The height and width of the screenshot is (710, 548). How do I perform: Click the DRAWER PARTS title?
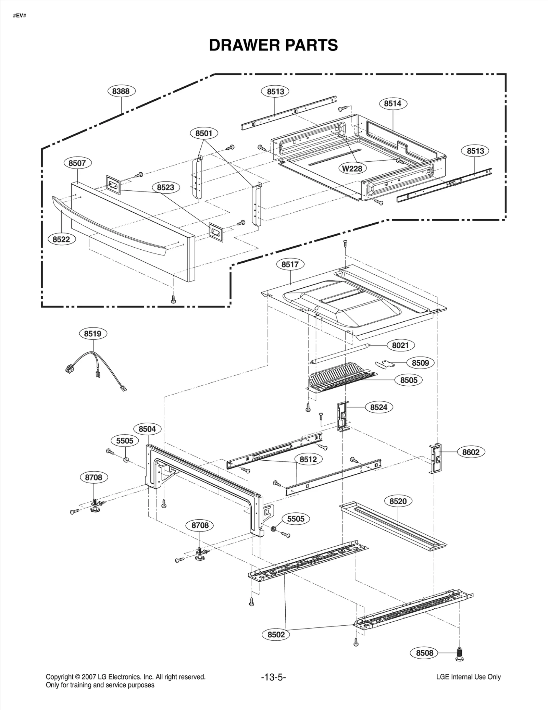pyautogui.click(x=273, y=45)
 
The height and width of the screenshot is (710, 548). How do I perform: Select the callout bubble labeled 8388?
pyautogui.click(x=121, y=91)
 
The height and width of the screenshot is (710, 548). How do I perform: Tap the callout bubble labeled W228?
pyautogui.click(x=352, y=169)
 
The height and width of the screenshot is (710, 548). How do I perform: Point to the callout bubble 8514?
pyautogui.click(x=393, y=103)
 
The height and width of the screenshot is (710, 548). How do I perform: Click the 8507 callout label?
pyautogui.click(x=77, y=163)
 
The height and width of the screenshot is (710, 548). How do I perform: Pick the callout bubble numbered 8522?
pyautogui.click(x=61, y=239)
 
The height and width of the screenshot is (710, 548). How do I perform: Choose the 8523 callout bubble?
pyautogui.click(x=165, y=187)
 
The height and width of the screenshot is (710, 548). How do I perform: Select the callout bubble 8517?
pyautogui.click(x=290, y=264)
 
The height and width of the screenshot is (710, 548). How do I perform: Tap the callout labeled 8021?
pyautogui.click(x=400, y=345)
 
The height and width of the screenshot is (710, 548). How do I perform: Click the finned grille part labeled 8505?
pyautogui.click(x=337, y=378)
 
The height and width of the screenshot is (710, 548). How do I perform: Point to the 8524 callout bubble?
pyautogui.click(x=378, y=407)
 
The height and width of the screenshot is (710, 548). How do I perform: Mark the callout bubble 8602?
pyautogui.click(x=471, y=452)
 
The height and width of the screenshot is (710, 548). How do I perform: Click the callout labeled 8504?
pyautogui.click(x=147, y=429)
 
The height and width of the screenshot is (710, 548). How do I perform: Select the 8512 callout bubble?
pyautogui.click(x=308, y=459)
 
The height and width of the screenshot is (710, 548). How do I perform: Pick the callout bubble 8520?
pyautogui.click(x=398, y=501)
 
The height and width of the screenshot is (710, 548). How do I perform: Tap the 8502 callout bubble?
pyautogui.click(x=276, y=635)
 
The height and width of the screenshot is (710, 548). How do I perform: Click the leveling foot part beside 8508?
pyautogui.click(x=460, y=653)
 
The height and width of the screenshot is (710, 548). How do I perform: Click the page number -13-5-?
pyautogui.click(x=273, y=677)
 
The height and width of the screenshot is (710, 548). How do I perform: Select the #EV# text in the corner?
pyautogui.click(x=20, y=16)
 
